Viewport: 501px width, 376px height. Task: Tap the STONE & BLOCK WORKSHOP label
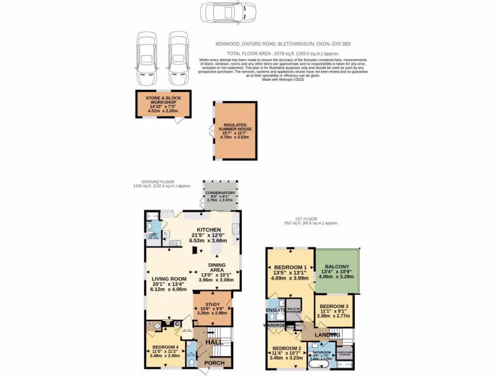coord(163,101)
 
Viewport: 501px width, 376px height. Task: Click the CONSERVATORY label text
coord(221,193)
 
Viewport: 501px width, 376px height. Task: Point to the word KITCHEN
coord(209,230)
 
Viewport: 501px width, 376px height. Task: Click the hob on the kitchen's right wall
coord(235,227)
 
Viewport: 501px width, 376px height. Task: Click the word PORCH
coord(214,363)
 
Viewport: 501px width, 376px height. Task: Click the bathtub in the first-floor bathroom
coord(320,365)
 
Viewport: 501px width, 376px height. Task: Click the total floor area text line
coord(283,53)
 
